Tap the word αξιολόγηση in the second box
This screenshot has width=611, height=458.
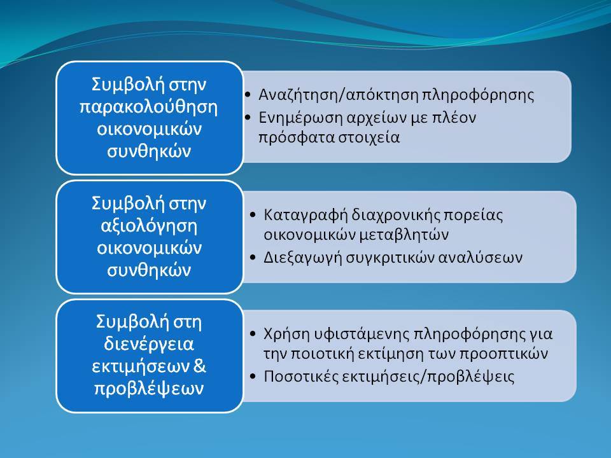coord(149,226)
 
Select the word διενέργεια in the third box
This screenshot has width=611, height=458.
coord(149,344)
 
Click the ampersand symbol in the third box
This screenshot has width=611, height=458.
coord(199,366)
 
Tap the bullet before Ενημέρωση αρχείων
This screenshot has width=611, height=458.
coord(248,117)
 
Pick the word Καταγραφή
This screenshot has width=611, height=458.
coord(305,216)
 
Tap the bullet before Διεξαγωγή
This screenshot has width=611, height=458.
coord(253,257)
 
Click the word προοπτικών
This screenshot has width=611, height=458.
coord(504,354)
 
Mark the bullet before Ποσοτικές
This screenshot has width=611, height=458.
coord(253,376)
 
